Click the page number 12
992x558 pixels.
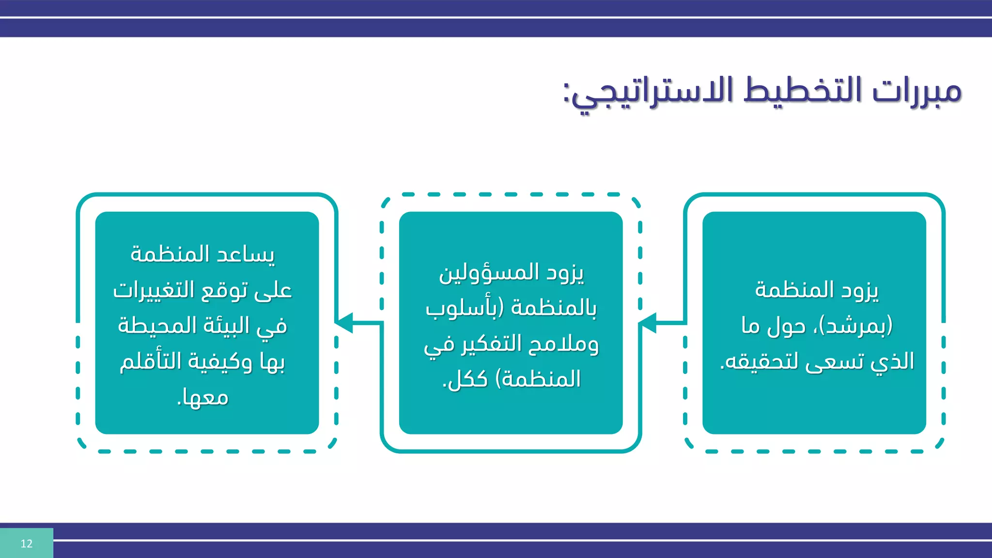pyautogui.click(x=26, y=543)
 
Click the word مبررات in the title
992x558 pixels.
pyautogui.click(x=917, y=91)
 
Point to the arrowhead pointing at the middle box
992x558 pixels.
pyautogui.click(x=647, y=322)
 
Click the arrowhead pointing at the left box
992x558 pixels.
pyautogui.click(x=344, y=322)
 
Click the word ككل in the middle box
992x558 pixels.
pyautogui.click(x=465, y=379)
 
